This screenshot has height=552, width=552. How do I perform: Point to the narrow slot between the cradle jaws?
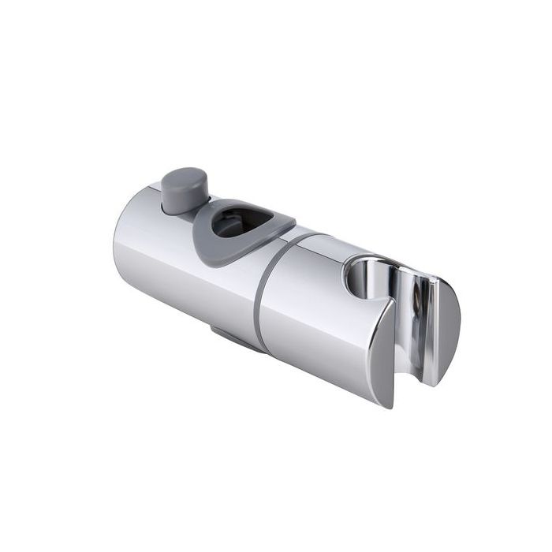(402, 315)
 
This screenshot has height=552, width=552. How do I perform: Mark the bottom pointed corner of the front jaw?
(390, 404)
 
